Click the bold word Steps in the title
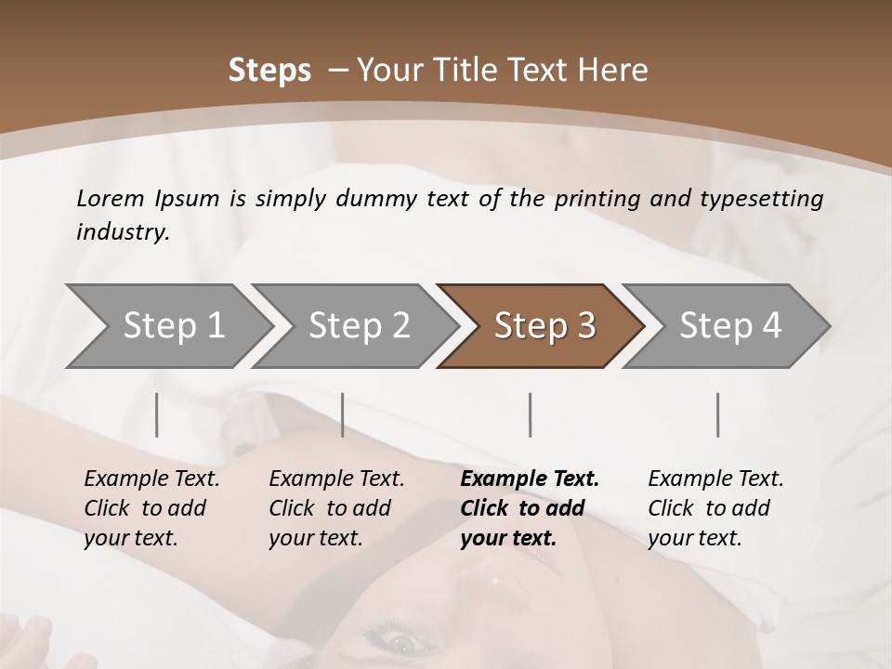pyautogui.click(x=269, y=71)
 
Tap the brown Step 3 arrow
pyautogui.click(x=542, y=326)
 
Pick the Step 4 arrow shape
pyautogui.click(x=728, y=326)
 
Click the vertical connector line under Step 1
pyautogui.click(x=157, y=414)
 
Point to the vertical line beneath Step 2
pyautogui.click(x=343, y=414)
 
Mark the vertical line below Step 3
pyautogui.click(x=531, y=414)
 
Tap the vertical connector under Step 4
pyautogui.click(x=718, y=414)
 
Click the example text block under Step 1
pyautogui.click(x=151, y=508)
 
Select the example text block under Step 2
pyautogui.click(x=336, y=508)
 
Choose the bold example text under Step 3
pyautogui.click(x=530, y=508)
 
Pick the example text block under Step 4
pyautogui.click(x=715, y=508)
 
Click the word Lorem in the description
pyautogui.click(x=111, y=199)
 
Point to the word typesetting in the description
pyautogui.click(x=769, y=199)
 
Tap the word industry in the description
pyautogui.click(x=122, y=232)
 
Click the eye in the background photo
pyautogui.click(x=402, y=642)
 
